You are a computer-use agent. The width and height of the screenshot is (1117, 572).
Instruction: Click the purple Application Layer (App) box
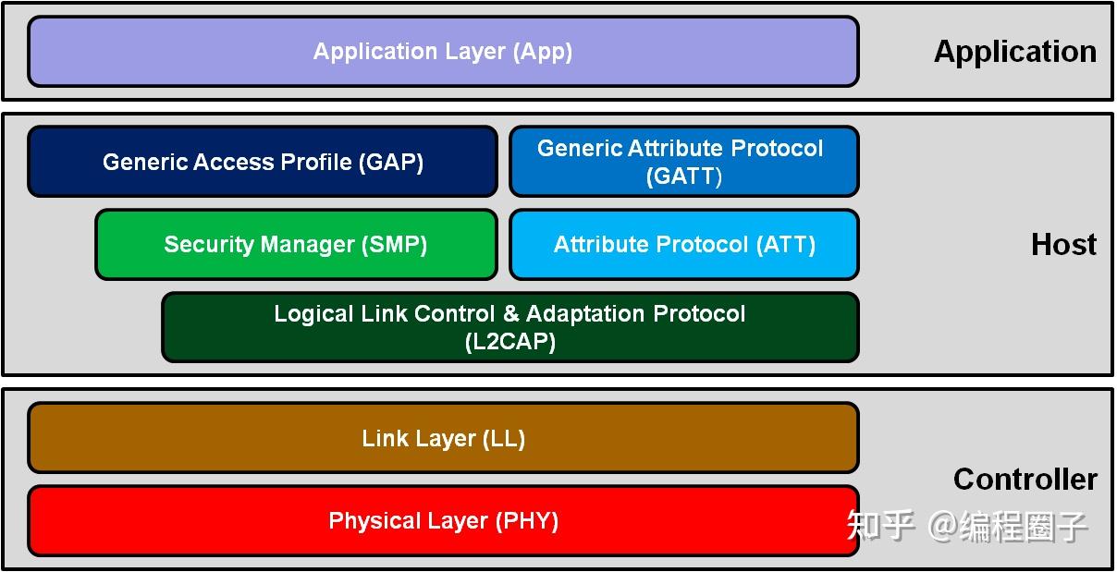click(443, 52)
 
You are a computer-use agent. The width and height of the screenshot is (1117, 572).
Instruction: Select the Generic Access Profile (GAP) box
click(263, 162)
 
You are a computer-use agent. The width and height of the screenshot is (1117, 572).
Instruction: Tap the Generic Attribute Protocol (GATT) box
click(683, 162)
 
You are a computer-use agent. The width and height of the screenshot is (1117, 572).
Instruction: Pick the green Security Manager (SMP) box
click(296, 245)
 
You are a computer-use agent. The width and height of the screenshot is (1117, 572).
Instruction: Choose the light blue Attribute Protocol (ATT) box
click(683, 245)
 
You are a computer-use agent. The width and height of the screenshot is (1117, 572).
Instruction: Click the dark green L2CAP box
click(509, 327)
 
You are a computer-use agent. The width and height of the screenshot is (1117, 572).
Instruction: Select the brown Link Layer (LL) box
click(443, 438)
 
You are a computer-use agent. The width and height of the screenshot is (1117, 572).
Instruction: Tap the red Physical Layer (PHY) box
click(443, 521)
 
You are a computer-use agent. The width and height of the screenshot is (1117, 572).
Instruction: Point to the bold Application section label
click(1014, 52)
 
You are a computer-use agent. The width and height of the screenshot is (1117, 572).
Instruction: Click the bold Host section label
click(1063, 245)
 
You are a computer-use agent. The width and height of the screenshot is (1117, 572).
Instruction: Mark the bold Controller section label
click(1025, 479)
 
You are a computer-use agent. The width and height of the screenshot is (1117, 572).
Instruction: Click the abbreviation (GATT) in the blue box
click(684, 176)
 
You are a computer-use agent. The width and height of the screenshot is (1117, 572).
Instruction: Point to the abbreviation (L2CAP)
click(509, 342)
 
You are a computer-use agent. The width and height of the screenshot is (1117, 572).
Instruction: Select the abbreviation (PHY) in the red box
click(527, 521)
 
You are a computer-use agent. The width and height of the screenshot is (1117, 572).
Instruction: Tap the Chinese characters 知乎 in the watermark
click(880, 526)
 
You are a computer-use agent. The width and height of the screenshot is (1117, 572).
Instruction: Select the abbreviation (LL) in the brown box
click(504, 439)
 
